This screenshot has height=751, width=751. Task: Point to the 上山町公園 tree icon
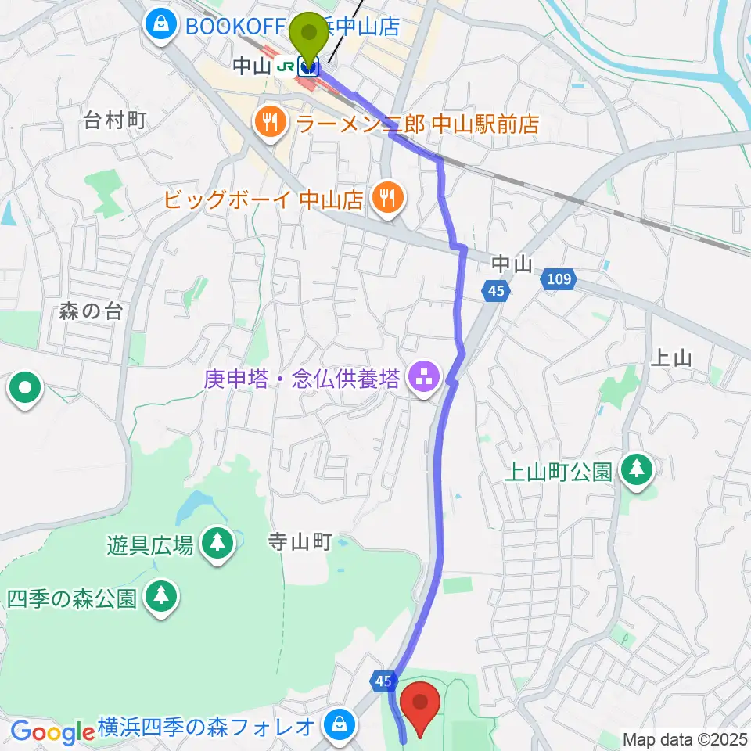pos(638,469)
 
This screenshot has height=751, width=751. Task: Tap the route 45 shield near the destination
pos(382,682)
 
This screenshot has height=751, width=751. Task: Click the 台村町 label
pos(116,120)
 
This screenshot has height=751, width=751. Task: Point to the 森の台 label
pos(91,311)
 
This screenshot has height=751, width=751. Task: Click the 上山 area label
pos(671,358)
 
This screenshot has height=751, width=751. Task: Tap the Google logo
pos(52,732)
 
